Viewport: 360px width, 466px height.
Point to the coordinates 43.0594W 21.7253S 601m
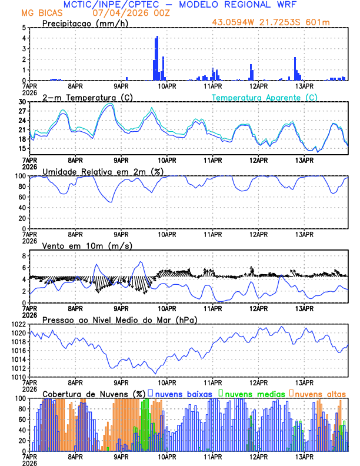(x=279, y=22)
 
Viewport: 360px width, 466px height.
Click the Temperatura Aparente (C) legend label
(x=264, y=97)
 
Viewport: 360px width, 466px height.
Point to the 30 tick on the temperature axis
(x=21, y=102)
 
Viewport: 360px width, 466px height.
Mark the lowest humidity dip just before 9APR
(x=110, y=202)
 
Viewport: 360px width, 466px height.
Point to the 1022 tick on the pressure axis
(x=18, y=324)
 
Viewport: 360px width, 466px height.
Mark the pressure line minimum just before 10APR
(x=156, y=373)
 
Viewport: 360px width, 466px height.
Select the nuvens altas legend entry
(x=319, y=394)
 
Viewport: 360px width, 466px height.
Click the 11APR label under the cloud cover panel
(x=212, y=456)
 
